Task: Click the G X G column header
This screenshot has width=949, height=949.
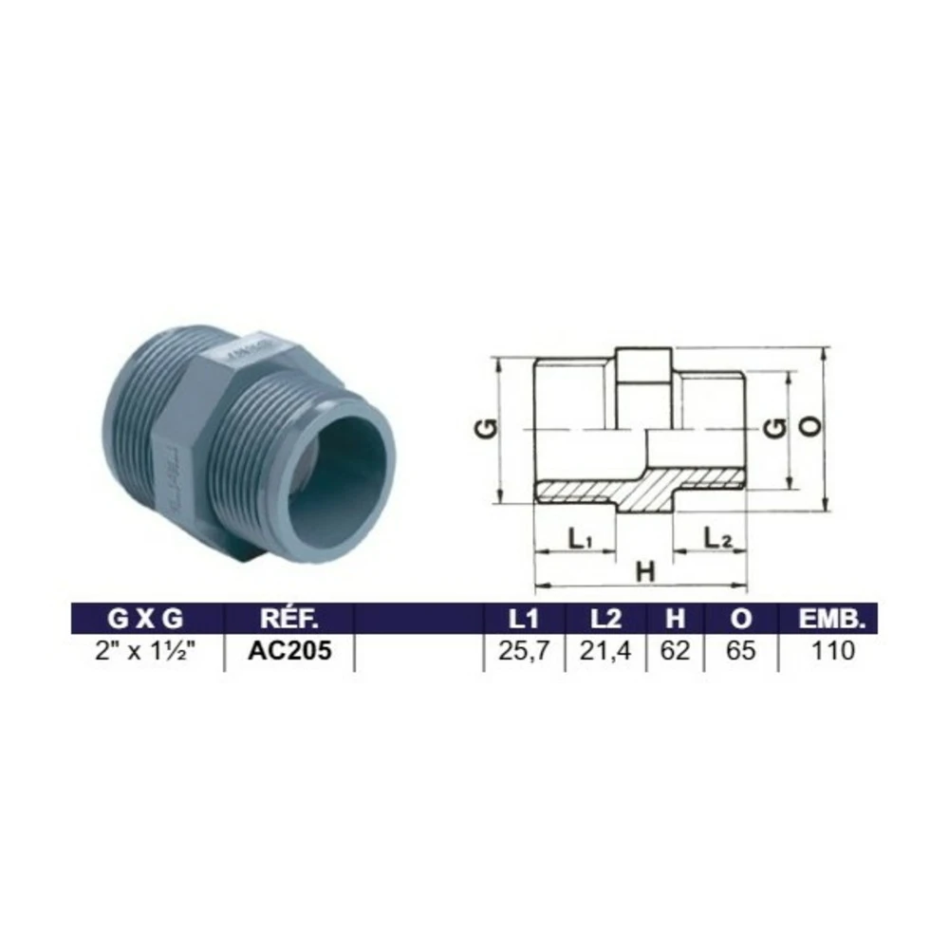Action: (x=144, y=619)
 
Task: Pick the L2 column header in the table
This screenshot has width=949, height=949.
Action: (x=605, y=619)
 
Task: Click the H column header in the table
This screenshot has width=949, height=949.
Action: (x=675, y=619)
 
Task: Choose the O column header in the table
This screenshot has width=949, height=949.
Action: (x=742, y=619)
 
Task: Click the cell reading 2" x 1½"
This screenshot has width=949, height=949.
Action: (x=145, y=652)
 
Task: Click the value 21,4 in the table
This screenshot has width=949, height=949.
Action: (x=606, y=652)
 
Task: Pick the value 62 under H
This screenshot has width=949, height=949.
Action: (x=675, y=652)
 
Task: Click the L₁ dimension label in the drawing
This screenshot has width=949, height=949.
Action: (x=581, y=540)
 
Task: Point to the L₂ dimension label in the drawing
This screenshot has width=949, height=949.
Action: (x=716, y=539)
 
